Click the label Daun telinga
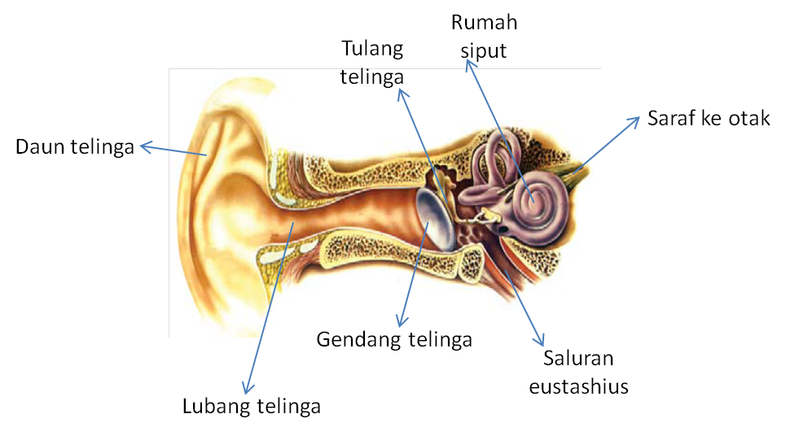tap(75, 148)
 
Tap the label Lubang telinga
tap(251, 405)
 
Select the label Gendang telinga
tap(394, 339)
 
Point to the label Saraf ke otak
tap(709, 119)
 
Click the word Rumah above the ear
tap(483, 23)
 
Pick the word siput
tap(483, 50)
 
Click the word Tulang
tap(372, 48)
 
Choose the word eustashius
tap(578, 386)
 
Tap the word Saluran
tap(578, 359)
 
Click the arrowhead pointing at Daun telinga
tap(145, 147)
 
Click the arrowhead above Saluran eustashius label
tap(538, 339)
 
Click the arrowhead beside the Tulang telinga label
tap(402, 93)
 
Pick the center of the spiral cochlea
tap(532, 195)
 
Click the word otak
tap(750, 119)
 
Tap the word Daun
tap(38, 148)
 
